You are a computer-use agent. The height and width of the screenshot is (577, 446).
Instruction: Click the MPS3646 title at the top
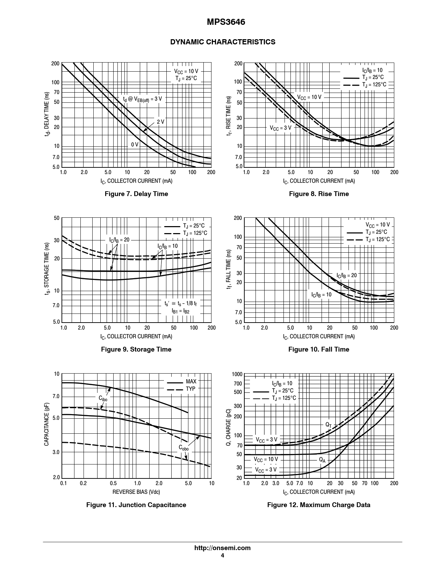click(x=223, y=22)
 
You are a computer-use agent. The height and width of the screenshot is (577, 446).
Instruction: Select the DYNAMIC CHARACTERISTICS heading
click(x=223, y=42)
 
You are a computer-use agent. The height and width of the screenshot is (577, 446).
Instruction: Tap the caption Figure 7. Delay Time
click(x=136, y=194)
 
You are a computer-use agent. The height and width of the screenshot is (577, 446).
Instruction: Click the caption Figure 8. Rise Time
click(x=319, y=194)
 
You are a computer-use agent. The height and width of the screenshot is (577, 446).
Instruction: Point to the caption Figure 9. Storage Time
click(x=136, y=349)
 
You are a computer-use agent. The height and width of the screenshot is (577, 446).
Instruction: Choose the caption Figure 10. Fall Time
click(x=319, y=349)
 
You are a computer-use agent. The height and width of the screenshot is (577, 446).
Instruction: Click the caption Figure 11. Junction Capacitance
click(x=136, y=505)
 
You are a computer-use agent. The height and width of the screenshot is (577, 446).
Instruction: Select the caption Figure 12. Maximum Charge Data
click(x=319, y=505)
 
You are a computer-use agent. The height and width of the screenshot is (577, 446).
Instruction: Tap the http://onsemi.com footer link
click(x=223, y=548)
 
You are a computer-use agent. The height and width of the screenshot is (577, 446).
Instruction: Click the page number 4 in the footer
click(x=223, y=556)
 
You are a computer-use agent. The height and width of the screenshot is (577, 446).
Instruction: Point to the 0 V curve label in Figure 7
click(x=135, y=144)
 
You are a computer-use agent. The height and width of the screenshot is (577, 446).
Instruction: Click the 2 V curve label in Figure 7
click(x=160, y=122)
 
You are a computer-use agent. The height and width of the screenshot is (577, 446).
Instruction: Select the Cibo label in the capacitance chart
click(x=103, y=398)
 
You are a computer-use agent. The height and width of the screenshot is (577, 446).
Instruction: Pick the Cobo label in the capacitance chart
click(x=184, y=448)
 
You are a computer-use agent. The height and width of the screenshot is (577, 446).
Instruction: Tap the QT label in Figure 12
click(x=329, y=425)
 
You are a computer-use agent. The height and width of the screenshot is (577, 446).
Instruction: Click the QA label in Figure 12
click(x=322, y=460)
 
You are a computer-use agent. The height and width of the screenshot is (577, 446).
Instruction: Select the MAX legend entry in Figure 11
click(x=191, y=381)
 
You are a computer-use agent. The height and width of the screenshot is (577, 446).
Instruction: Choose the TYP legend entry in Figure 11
click(x=190, y=389)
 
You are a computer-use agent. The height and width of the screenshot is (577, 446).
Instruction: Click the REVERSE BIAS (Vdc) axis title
click(x=136, y=492)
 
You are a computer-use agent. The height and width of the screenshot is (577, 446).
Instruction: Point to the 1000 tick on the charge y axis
click(x=237, y=374)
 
